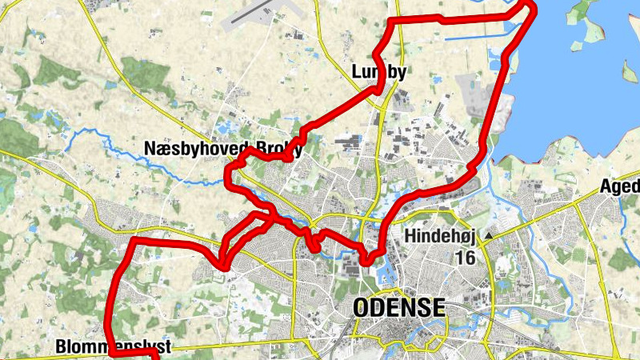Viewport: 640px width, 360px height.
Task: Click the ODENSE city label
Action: (x=398, y=308)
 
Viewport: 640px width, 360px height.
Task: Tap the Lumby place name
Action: (x=379, y=74)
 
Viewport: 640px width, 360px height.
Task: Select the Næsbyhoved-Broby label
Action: (x=223, y=148)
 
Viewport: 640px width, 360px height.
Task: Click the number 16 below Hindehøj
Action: (x=465, y=257)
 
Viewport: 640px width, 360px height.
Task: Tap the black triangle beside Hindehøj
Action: (x=487, y=237)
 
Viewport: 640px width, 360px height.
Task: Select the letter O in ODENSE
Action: (x=362, y=308)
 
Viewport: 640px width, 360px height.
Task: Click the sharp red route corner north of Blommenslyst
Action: (x=133, y=240)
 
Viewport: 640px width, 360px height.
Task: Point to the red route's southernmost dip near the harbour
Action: (x=366, y=261)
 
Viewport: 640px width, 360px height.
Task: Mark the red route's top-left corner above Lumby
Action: (x=391, y=21)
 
